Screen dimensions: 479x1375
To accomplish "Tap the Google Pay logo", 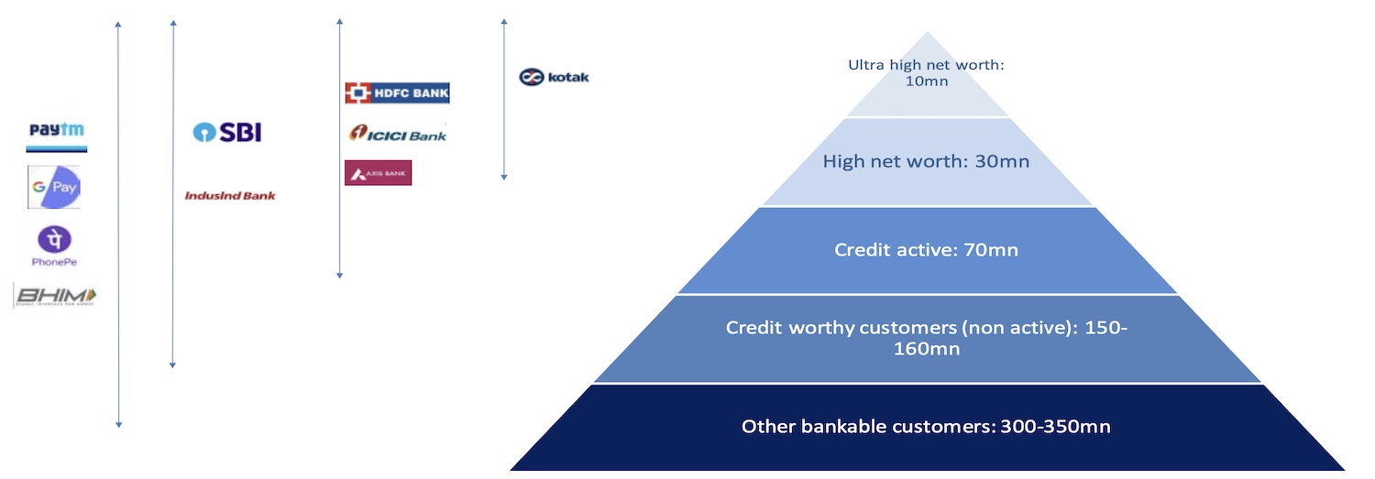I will (55, 187).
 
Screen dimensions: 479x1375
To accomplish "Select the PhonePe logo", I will (54, 245).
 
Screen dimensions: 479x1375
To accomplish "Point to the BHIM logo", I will (55, 296).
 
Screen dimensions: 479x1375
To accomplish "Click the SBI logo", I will (227, 132).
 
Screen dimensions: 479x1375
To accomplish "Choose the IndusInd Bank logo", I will (230, 195).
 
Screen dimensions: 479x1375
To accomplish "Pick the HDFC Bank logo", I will (397, 93).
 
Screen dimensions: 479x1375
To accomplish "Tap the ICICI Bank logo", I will (397, 134).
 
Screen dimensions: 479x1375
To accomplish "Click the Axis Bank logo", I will (378, 172).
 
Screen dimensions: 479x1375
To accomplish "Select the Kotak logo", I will (554, 77).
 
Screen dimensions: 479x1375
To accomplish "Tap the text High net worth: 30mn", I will (926, 161).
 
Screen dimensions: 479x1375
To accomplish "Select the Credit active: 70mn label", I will (926, 249).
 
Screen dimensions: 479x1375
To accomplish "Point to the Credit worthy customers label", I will (926, 337).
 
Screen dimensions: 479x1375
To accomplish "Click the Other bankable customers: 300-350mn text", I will (926, 426).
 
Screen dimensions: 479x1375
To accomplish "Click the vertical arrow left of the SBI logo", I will (172, 192).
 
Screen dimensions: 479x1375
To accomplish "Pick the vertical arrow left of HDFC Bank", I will (340, 147).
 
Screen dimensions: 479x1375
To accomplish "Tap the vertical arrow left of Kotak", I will (504, 99).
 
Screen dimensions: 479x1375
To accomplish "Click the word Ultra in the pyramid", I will (865, 65).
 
